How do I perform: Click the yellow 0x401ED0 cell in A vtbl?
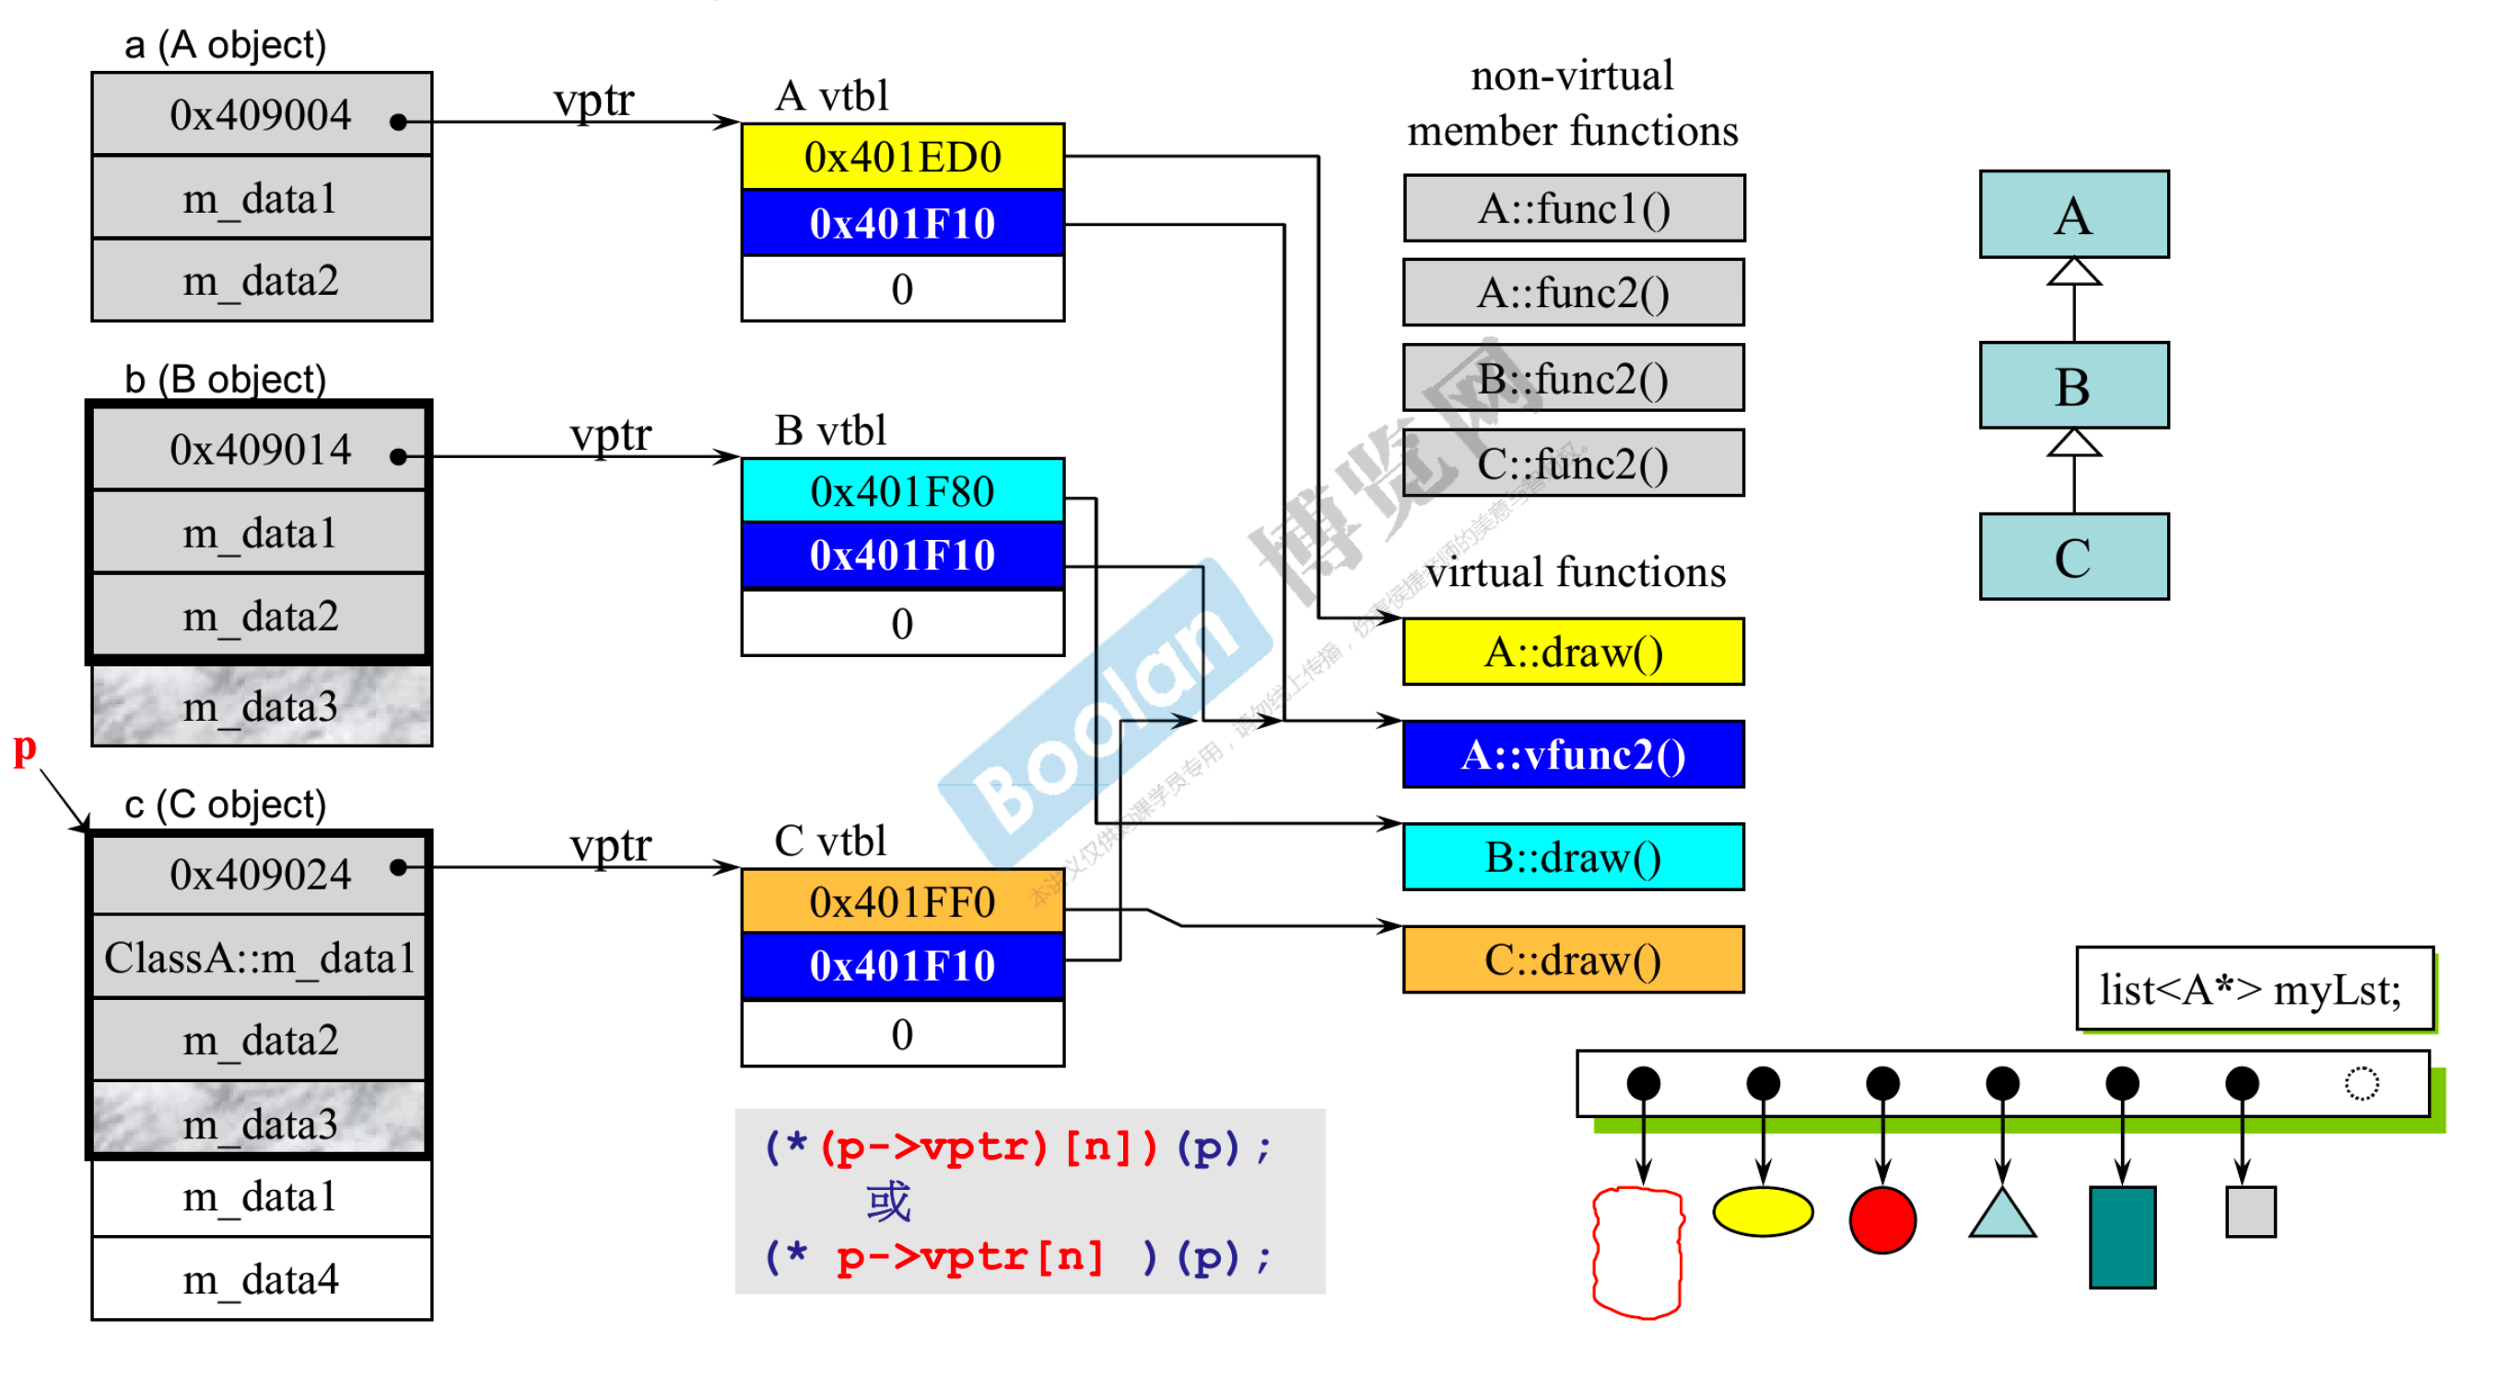[x=901, y=157]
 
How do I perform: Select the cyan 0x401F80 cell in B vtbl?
[x=901, y=491]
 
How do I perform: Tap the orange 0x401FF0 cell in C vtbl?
[x=901, y=901]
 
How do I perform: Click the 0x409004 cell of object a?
[x=262, y=115]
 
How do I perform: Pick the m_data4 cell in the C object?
[x=262, y=1280]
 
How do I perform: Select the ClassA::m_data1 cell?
[x=260, y=958]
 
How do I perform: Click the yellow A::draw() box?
[x=1572, y=653]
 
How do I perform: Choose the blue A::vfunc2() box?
[x=1572, y=755]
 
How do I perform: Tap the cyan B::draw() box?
[x=1572, y=857]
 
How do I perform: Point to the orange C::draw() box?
[x=1572, y=960]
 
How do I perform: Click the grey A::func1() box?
[x=1572, y=208]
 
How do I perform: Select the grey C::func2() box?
[x=1572, y=464]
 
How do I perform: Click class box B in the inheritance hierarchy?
[x=2073, y=386]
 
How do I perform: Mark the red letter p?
[x=24, y=748]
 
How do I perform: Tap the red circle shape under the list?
[x=1882, y=1220]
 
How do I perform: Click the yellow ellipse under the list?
[x=1763, y=1212]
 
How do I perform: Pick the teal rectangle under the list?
[x=2122, y=1237]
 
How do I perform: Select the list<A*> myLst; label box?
[x=2253, y=990]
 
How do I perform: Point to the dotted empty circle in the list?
[x=2362, y=1083]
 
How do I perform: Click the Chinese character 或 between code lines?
[x=888, y=1203]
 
